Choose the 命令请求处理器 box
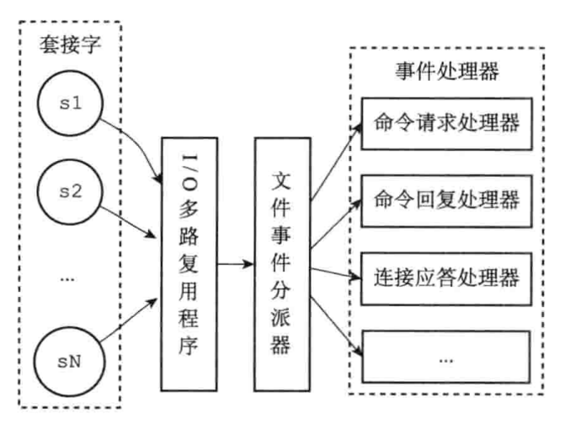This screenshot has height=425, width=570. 445,125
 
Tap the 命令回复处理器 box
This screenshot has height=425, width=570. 445,200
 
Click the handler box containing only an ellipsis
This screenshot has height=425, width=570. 445,354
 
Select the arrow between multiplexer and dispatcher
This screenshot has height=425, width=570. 234,263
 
